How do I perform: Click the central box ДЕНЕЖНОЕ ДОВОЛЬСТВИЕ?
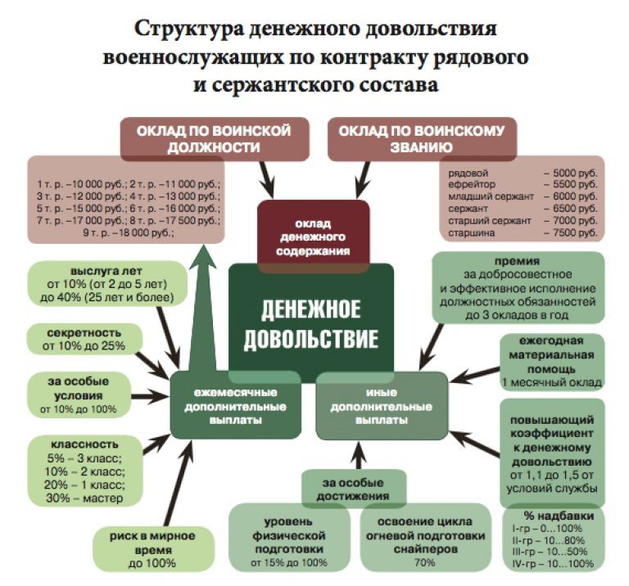tap(311, 322)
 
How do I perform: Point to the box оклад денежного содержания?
tap(312, 236)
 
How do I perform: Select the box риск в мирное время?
tap(152, 548)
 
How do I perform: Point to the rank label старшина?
tap(468, 233)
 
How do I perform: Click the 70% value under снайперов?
tap(424, 563)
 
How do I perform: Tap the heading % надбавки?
tap(552, 516)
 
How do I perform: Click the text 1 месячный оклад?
tap(552, 382)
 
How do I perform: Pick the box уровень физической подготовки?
tap(289, 535)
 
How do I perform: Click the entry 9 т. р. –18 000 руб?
tap(129, 233)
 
